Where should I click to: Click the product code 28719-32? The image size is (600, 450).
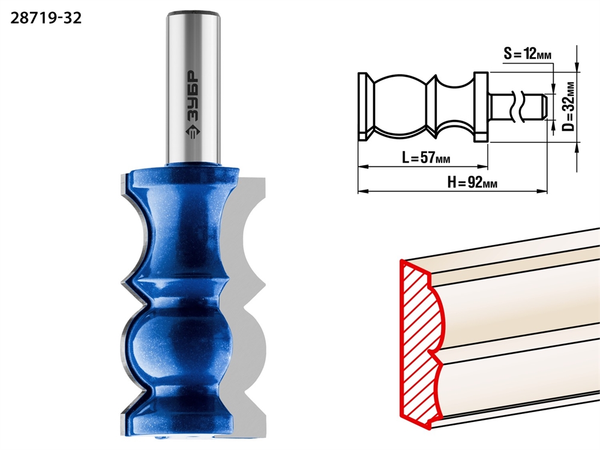pos(46,18)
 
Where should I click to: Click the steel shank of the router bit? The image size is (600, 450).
pos(194,88)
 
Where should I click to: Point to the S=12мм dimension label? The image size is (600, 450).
pos(527,53)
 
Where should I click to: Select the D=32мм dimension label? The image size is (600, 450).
pos(569,106)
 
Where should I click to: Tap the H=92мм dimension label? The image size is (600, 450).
pos(473,182)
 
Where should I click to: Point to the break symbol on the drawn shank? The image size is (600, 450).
pos(515,106)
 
